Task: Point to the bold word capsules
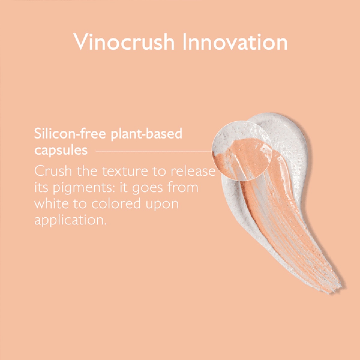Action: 61,151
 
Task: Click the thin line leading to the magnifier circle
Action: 154,151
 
